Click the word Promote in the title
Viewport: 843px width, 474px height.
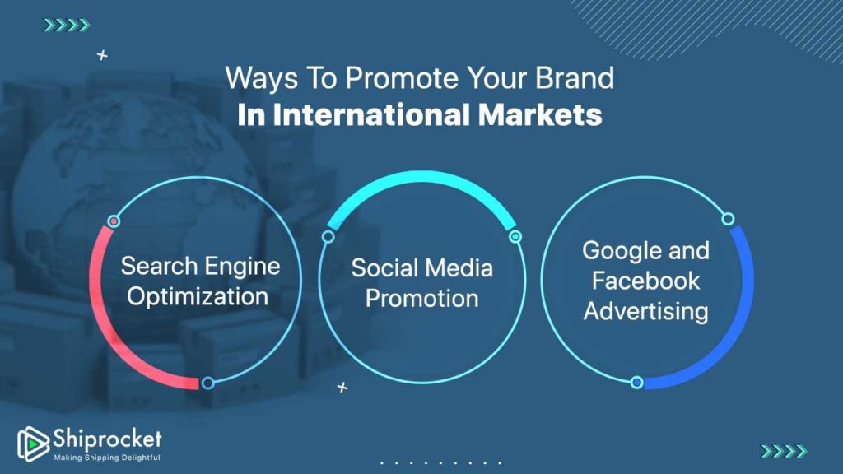403,78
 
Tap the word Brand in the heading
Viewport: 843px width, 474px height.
574,78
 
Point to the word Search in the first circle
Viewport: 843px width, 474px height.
159,266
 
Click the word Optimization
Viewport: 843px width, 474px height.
198,296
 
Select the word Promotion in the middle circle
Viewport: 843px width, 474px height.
422,298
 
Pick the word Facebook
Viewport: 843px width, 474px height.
645,281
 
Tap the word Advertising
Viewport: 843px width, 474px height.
645,312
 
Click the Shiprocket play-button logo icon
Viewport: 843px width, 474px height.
33,444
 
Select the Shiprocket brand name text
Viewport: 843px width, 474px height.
107,439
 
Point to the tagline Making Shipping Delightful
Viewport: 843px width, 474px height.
107,458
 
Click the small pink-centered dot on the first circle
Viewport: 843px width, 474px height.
114,221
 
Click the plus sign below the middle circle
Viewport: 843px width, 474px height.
342,387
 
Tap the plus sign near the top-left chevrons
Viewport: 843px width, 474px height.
102,55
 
